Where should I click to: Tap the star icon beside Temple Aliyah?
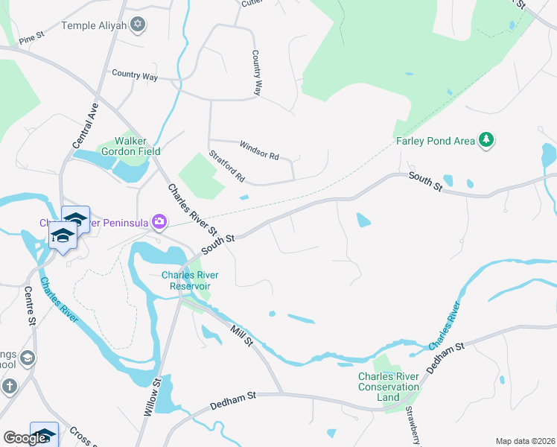pos(136,25)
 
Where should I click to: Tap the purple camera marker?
pos(159,222)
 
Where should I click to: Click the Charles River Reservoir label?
pos(186,280)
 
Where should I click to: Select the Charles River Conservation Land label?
pos(389,387)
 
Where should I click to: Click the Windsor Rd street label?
pos(258,151)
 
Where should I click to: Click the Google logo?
pos(25,438)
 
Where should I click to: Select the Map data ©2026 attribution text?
pos(525,441)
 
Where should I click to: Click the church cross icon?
pos(9,386)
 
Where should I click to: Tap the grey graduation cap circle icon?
pos(27,358)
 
